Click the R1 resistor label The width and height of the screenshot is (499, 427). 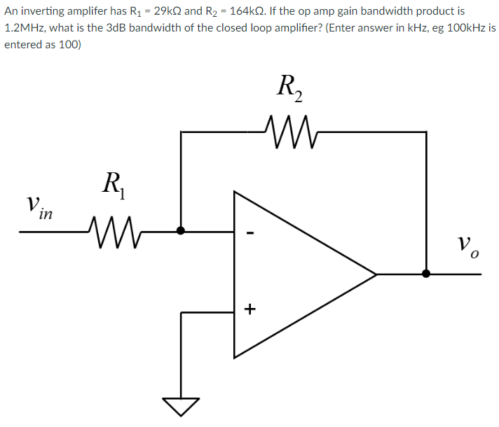[x=112, y=185]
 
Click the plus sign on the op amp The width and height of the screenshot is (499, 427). [x=250, y=308]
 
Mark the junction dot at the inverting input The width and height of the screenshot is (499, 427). [x=182, y=230]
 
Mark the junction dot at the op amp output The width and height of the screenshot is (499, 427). [x=426, y=274]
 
